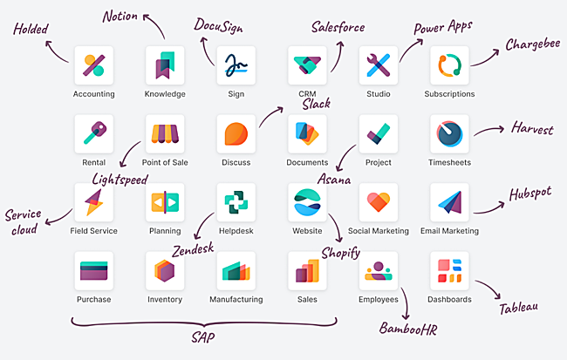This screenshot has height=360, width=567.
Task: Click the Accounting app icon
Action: [x=93, y=65]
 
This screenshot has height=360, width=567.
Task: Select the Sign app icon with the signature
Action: [x=236, y=65]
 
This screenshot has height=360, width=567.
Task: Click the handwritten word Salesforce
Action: [x=338, y=27]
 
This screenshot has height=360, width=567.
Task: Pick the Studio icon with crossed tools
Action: [x=379, y=65]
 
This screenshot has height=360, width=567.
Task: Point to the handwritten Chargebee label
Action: [x=533, y=44]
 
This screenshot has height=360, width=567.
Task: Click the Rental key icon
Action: [x=93, y=133]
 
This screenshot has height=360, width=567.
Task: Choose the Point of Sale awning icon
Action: [x=165, y=133]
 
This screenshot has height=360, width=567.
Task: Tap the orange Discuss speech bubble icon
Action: [x=236, y=133]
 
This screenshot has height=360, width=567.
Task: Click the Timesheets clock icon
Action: [x=450, y=133]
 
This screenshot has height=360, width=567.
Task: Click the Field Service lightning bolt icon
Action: [x=93, y=202]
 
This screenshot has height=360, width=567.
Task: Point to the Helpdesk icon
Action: [x=236, y=202]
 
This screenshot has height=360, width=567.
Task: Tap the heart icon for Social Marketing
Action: [x=379, y=202]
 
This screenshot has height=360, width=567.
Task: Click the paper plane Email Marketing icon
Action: [x=450, y=202]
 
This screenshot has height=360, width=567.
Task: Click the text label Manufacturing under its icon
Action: [x=236, y=300]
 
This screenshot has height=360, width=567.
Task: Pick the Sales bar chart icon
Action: [x=307, y=271]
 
